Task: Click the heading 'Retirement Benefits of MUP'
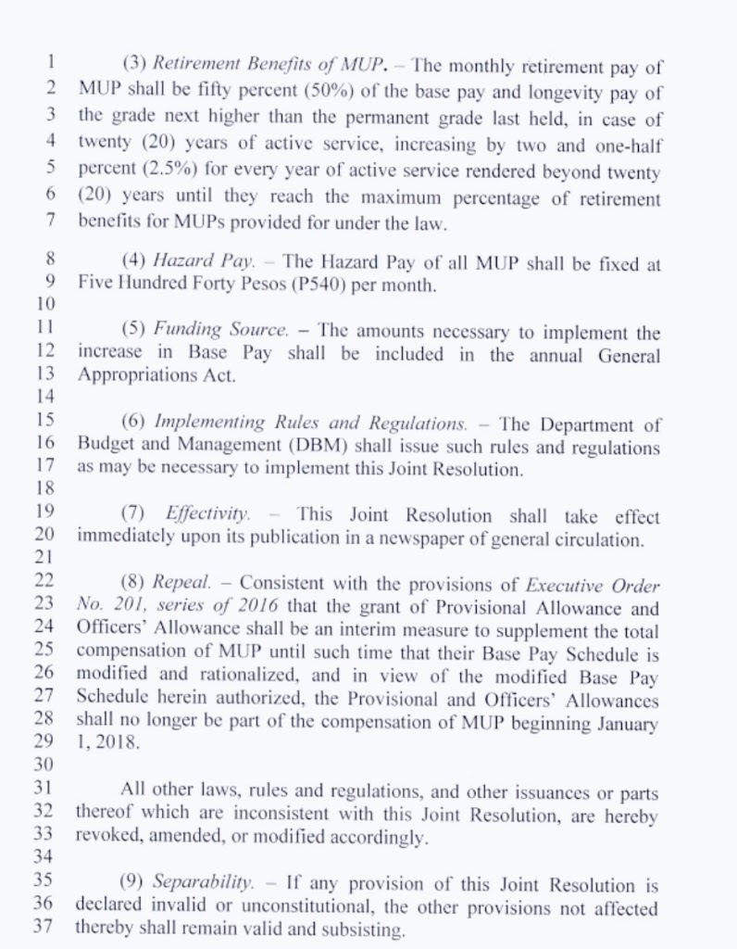268,66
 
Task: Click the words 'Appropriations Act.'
156,375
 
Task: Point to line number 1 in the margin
51,65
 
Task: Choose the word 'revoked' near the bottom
107,838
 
